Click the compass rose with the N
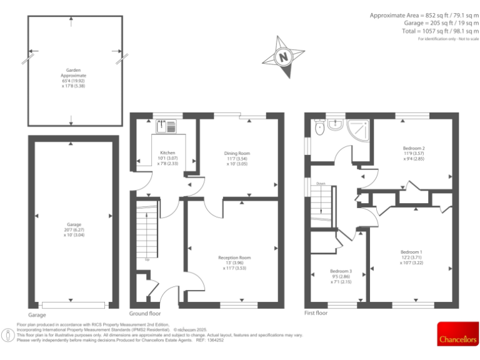[283, 56]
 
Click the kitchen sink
[167, 126]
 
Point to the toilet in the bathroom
[319, 128]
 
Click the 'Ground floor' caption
[145, 313]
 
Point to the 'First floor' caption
[316, 313]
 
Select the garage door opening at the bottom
[74, 305]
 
